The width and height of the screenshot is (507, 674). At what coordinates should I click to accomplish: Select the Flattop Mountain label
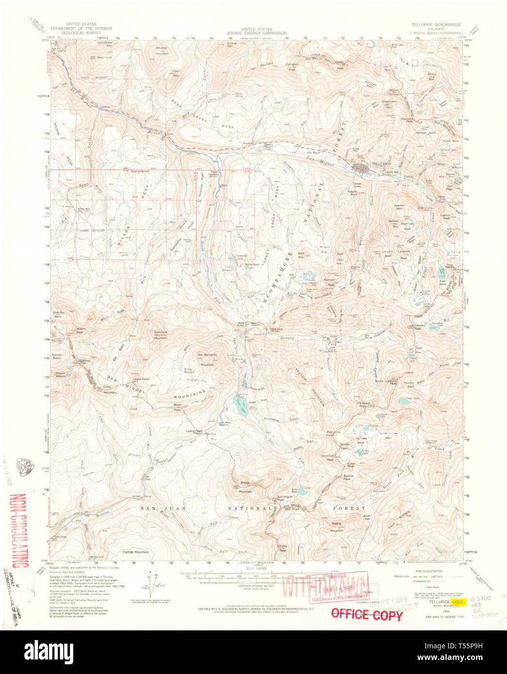(135, 552)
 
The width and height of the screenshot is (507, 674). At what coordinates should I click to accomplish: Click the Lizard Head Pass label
(193, 432)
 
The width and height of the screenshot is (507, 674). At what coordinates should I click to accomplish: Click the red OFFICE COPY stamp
(366, 614)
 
